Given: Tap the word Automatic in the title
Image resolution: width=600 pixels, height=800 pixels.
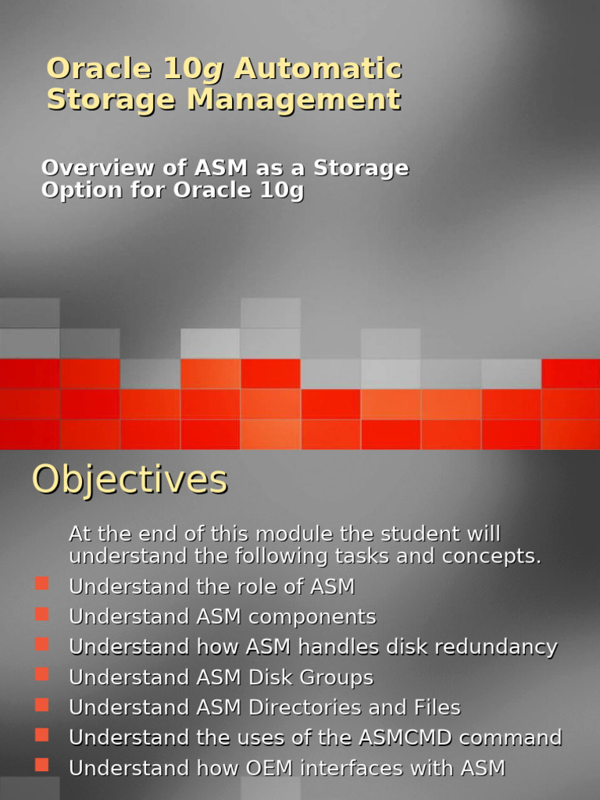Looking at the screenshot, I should tap(318, 69).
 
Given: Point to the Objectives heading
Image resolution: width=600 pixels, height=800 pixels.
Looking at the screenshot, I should tap(130, 479).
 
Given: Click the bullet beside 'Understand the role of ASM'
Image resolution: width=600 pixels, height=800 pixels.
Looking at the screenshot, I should tap(42, 584).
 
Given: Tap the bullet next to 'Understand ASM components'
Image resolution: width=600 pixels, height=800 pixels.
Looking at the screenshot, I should tap(42, 614).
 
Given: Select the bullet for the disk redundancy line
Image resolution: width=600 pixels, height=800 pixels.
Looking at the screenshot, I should tap(42, 644).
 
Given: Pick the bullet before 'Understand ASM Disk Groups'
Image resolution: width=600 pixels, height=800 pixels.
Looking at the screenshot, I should tap(42, 674).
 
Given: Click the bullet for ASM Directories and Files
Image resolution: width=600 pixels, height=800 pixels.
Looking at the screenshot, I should tap(42, 705).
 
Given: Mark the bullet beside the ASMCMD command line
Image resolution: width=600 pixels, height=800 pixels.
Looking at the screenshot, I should tap(42, 734).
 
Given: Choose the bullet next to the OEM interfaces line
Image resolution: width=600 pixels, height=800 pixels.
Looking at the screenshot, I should tap(42, 765).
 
